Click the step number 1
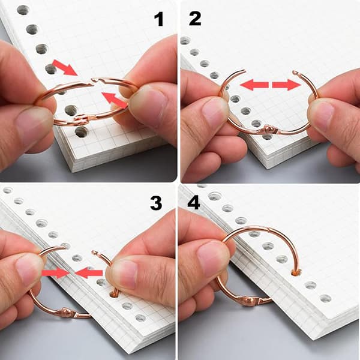(x=159, y=19)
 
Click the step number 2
(x=195, y=19)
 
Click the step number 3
(x=156, y=203)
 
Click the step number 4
(x=194, y=202)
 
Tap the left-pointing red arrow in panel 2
(x=254, y=85)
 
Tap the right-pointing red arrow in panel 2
(x=287, y=85)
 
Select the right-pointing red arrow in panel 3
(x=56, y=273)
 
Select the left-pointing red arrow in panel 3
(x=89, y=273)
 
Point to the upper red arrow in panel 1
(x=65, y=67)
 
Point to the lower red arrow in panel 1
(x=115, y=100)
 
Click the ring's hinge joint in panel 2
(x=268, y=130)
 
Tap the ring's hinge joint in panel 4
(x=250, y=301)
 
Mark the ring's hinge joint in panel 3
(x=65, y=313)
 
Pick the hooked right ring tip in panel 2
(x=295, y=73)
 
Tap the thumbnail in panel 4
(x=213, y=259)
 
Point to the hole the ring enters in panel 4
(x=296, y=272)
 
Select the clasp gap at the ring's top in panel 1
(x=93, y=81)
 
